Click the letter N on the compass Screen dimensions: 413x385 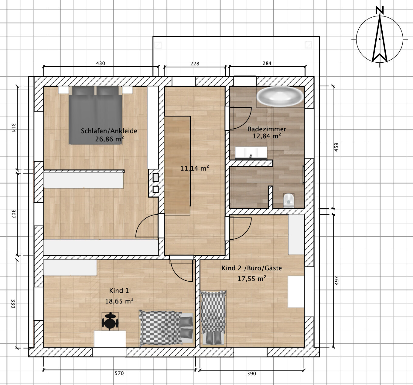(380, 10)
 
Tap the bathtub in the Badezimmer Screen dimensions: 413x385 (280, 96)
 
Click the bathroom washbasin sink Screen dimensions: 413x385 (251, 153)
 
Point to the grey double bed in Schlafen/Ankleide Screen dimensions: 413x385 (95, 115)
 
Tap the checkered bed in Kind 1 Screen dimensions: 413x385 (166, 328)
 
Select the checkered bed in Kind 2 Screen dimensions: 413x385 (213, 318)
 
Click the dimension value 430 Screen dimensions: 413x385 (101, 63)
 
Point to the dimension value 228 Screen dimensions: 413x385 (195, 64)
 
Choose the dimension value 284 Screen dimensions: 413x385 (267, 63)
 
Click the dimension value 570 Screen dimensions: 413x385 (119, 373)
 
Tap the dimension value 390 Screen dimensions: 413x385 (251, 373)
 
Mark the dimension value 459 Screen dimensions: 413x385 (336, 147)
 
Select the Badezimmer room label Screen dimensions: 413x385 (267, 129)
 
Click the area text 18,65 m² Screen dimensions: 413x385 (119, 301)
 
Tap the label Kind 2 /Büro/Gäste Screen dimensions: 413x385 (252, 268)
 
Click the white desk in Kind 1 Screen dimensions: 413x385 (110, 339)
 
